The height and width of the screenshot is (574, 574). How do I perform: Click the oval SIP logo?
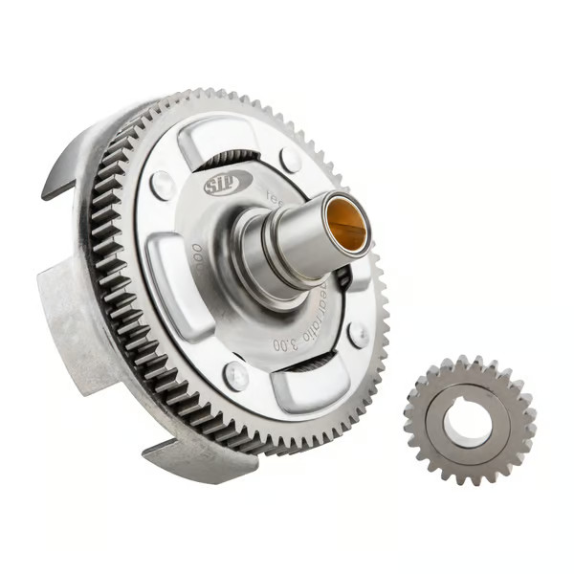point(228,182)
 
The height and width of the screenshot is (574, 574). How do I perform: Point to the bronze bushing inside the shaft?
point(346,221)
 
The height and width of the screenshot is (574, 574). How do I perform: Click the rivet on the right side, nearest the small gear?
point(358,334)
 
